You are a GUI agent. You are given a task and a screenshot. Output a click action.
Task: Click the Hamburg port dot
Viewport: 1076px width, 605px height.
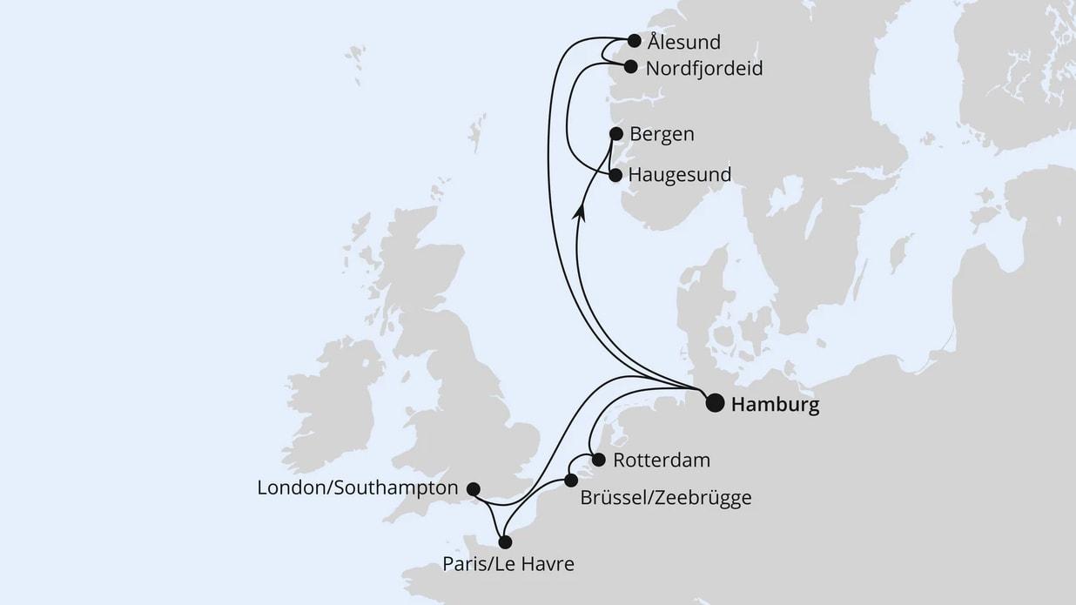715,402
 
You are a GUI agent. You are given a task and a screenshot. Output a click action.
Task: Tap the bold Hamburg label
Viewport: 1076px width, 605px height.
775,405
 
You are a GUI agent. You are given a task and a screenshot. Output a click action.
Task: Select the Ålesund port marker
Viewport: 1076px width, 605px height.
635,40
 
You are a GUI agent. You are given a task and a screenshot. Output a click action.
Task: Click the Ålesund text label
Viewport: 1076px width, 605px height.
684,42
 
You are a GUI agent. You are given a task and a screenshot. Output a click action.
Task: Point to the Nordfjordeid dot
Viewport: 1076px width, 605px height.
631,66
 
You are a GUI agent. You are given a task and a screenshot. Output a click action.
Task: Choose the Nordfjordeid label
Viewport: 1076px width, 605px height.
704,68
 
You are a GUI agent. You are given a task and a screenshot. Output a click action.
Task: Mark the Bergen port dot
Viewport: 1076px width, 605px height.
616,134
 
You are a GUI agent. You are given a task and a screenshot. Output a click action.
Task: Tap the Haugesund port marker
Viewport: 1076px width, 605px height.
615,175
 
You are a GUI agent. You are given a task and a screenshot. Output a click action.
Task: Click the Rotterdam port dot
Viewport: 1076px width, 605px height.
598,460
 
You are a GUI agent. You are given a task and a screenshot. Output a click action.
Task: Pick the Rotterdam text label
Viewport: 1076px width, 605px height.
662,460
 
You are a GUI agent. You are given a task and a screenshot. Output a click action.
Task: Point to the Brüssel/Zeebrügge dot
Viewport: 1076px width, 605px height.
571,481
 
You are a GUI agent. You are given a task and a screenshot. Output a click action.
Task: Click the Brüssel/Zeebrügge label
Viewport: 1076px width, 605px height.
665,498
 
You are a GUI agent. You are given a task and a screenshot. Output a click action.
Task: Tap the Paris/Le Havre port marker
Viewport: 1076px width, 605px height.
505,541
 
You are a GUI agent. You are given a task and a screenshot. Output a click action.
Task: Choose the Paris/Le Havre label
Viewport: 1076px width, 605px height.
508,564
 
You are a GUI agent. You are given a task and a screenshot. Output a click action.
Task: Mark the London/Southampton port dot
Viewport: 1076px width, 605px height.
474,488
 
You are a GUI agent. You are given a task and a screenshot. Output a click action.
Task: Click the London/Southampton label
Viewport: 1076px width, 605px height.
358,488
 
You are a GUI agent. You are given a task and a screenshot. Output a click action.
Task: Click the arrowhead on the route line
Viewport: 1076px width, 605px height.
582,212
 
